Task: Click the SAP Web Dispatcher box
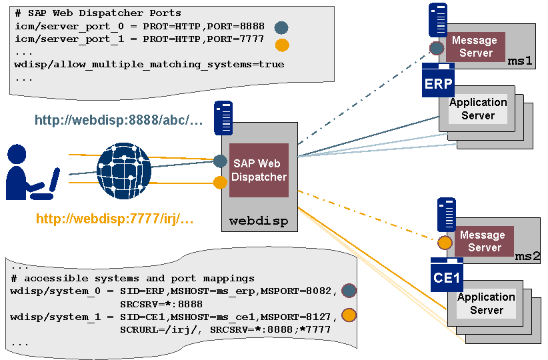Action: pos(259,170)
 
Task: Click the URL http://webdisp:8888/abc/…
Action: pos(119,121)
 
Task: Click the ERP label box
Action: pos(438,85)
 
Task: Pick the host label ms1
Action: pos(520,61)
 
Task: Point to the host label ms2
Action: pos(527,256)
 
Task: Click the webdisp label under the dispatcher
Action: pos(259,221)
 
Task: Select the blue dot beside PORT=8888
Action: pos(281,27)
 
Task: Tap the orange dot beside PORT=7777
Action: pos(282,45)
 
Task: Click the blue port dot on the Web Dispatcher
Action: pos(221,161)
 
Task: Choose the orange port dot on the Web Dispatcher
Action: pos(221,182)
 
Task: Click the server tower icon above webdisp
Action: pos(223,117)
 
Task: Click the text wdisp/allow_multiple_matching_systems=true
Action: pos(149,65)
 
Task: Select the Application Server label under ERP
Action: pos(477,109)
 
